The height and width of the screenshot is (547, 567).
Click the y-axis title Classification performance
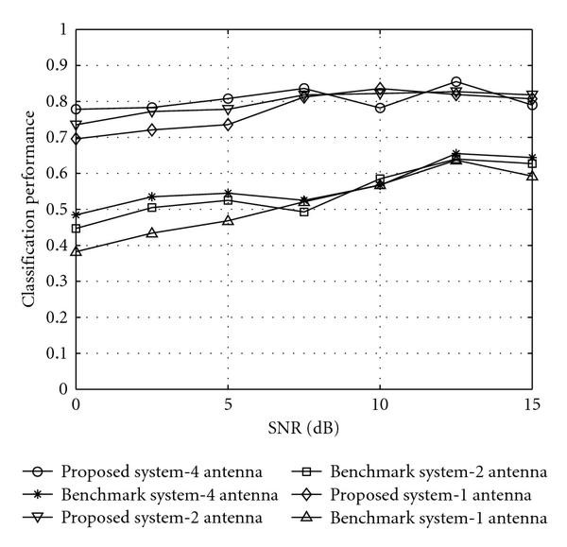(x=30, y=209)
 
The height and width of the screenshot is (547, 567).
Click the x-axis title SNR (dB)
(x=303, y=427)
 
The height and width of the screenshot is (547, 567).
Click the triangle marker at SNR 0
(x=76, y=251)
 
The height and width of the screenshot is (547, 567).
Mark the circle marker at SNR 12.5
(x=456, y=82)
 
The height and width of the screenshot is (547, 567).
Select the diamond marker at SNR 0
(x=76, y=139)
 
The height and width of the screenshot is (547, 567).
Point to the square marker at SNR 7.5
(x=304, y=212)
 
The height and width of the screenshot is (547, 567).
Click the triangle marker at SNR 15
(x=532, y=176)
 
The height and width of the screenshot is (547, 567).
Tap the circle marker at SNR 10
(x=380, y=108)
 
